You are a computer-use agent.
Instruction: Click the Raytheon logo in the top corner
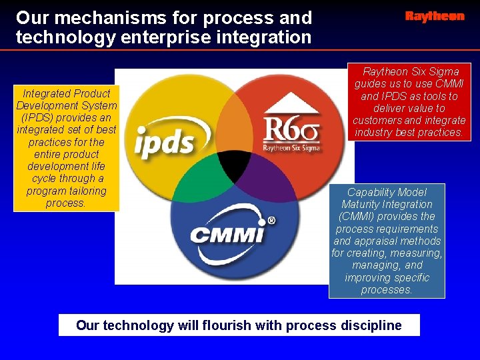coord(435,17)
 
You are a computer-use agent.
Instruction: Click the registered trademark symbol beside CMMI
coord(271,221)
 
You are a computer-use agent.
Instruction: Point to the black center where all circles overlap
coord(235,168)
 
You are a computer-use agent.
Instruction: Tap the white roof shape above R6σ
coord(291,104)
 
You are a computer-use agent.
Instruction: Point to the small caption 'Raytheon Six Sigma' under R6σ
coord(291,147)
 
